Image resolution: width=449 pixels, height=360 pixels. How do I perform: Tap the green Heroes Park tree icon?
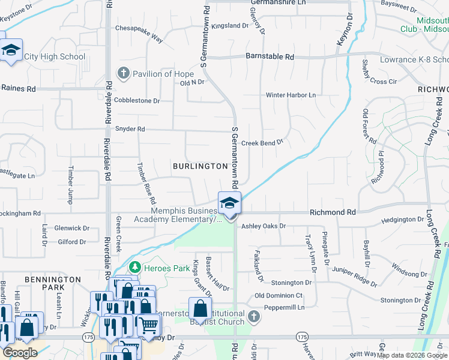coord(136,266)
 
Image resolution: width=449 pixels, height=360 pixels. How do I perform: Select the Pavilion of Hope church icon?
coord(124,74)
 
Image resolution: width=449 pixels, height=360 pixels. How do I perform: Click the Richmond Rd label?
coord(333,212)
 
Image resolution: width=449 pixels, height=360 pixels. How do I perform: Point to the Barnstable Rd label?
coord(270,57)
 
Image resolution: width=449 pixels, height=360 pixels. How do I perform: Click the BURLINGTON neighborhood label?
coord(200,166)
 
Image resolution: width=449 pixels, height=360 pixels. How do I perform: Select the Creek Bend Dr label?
coord(262,143)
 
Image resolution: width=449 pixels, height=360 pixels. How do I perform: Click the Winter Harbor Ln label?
coord(291,95)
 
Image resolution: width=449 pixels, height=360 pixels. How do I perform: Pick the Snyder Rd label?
coord(130,129)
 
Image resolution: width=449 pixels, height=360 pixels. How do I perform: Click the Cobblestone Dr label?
coord(137,101)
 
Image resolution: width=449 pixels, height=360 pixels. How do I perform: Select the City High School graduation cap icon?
coord(11,51)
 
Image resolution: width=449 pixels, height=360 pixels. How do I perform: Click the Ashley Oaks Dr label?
coord(264,226)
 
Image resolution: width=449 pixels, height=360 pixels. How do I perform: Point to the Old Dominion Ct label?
coord(279,296)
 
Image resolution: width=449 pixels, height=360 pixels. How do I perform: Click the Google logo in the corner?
coord(20,353)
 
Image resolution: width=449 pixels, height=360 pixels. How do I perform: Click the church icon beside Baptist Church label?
coord(254,316)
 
